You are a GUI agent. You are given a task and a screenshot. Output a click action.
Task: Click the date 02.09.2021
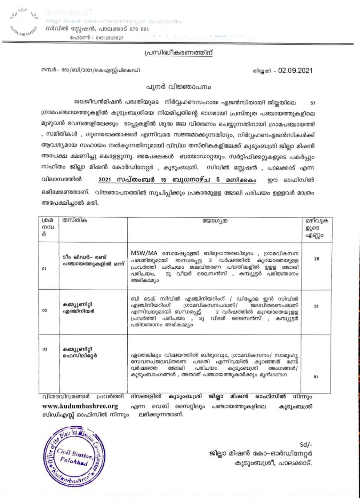click(x=295, y=71)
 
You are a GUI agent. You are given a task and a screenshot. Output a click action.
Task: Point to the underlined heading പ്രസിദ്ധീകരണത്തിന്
click(x=178, y=53)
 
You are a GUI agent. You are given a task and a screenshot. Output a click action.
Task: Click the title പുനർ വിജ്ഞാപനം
click(x=178, y=87)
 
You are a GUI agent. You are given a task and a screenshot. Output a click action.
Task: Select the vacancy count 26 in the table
click(x=316, y=259)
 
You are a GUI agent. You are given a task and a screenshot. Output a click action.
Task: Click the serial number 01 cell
click(x=44, y=269)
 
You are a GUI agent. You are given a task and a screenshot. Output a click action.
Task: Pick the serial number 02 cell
click(x=44, y=310)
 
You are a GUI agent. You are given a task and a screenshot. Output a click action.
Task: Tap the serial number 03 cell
click(x=44, y=349)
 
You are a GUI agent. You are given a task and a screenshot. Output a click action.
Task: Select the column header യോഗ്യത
click(x=215, y=221)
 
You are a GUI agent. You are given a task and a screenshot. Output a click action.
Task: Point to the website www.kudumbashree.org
click(x=80, y=406)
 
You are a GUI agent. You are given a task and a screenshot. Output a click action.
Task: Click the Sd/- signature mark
click(x=306, y=445)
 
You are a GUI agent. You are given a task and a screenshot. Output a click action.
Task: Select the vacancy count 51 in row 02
click(x=316, y=306)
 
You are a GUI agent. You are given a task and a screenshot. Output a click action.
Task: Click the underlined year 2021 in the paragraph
click(x=105, y=180)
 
